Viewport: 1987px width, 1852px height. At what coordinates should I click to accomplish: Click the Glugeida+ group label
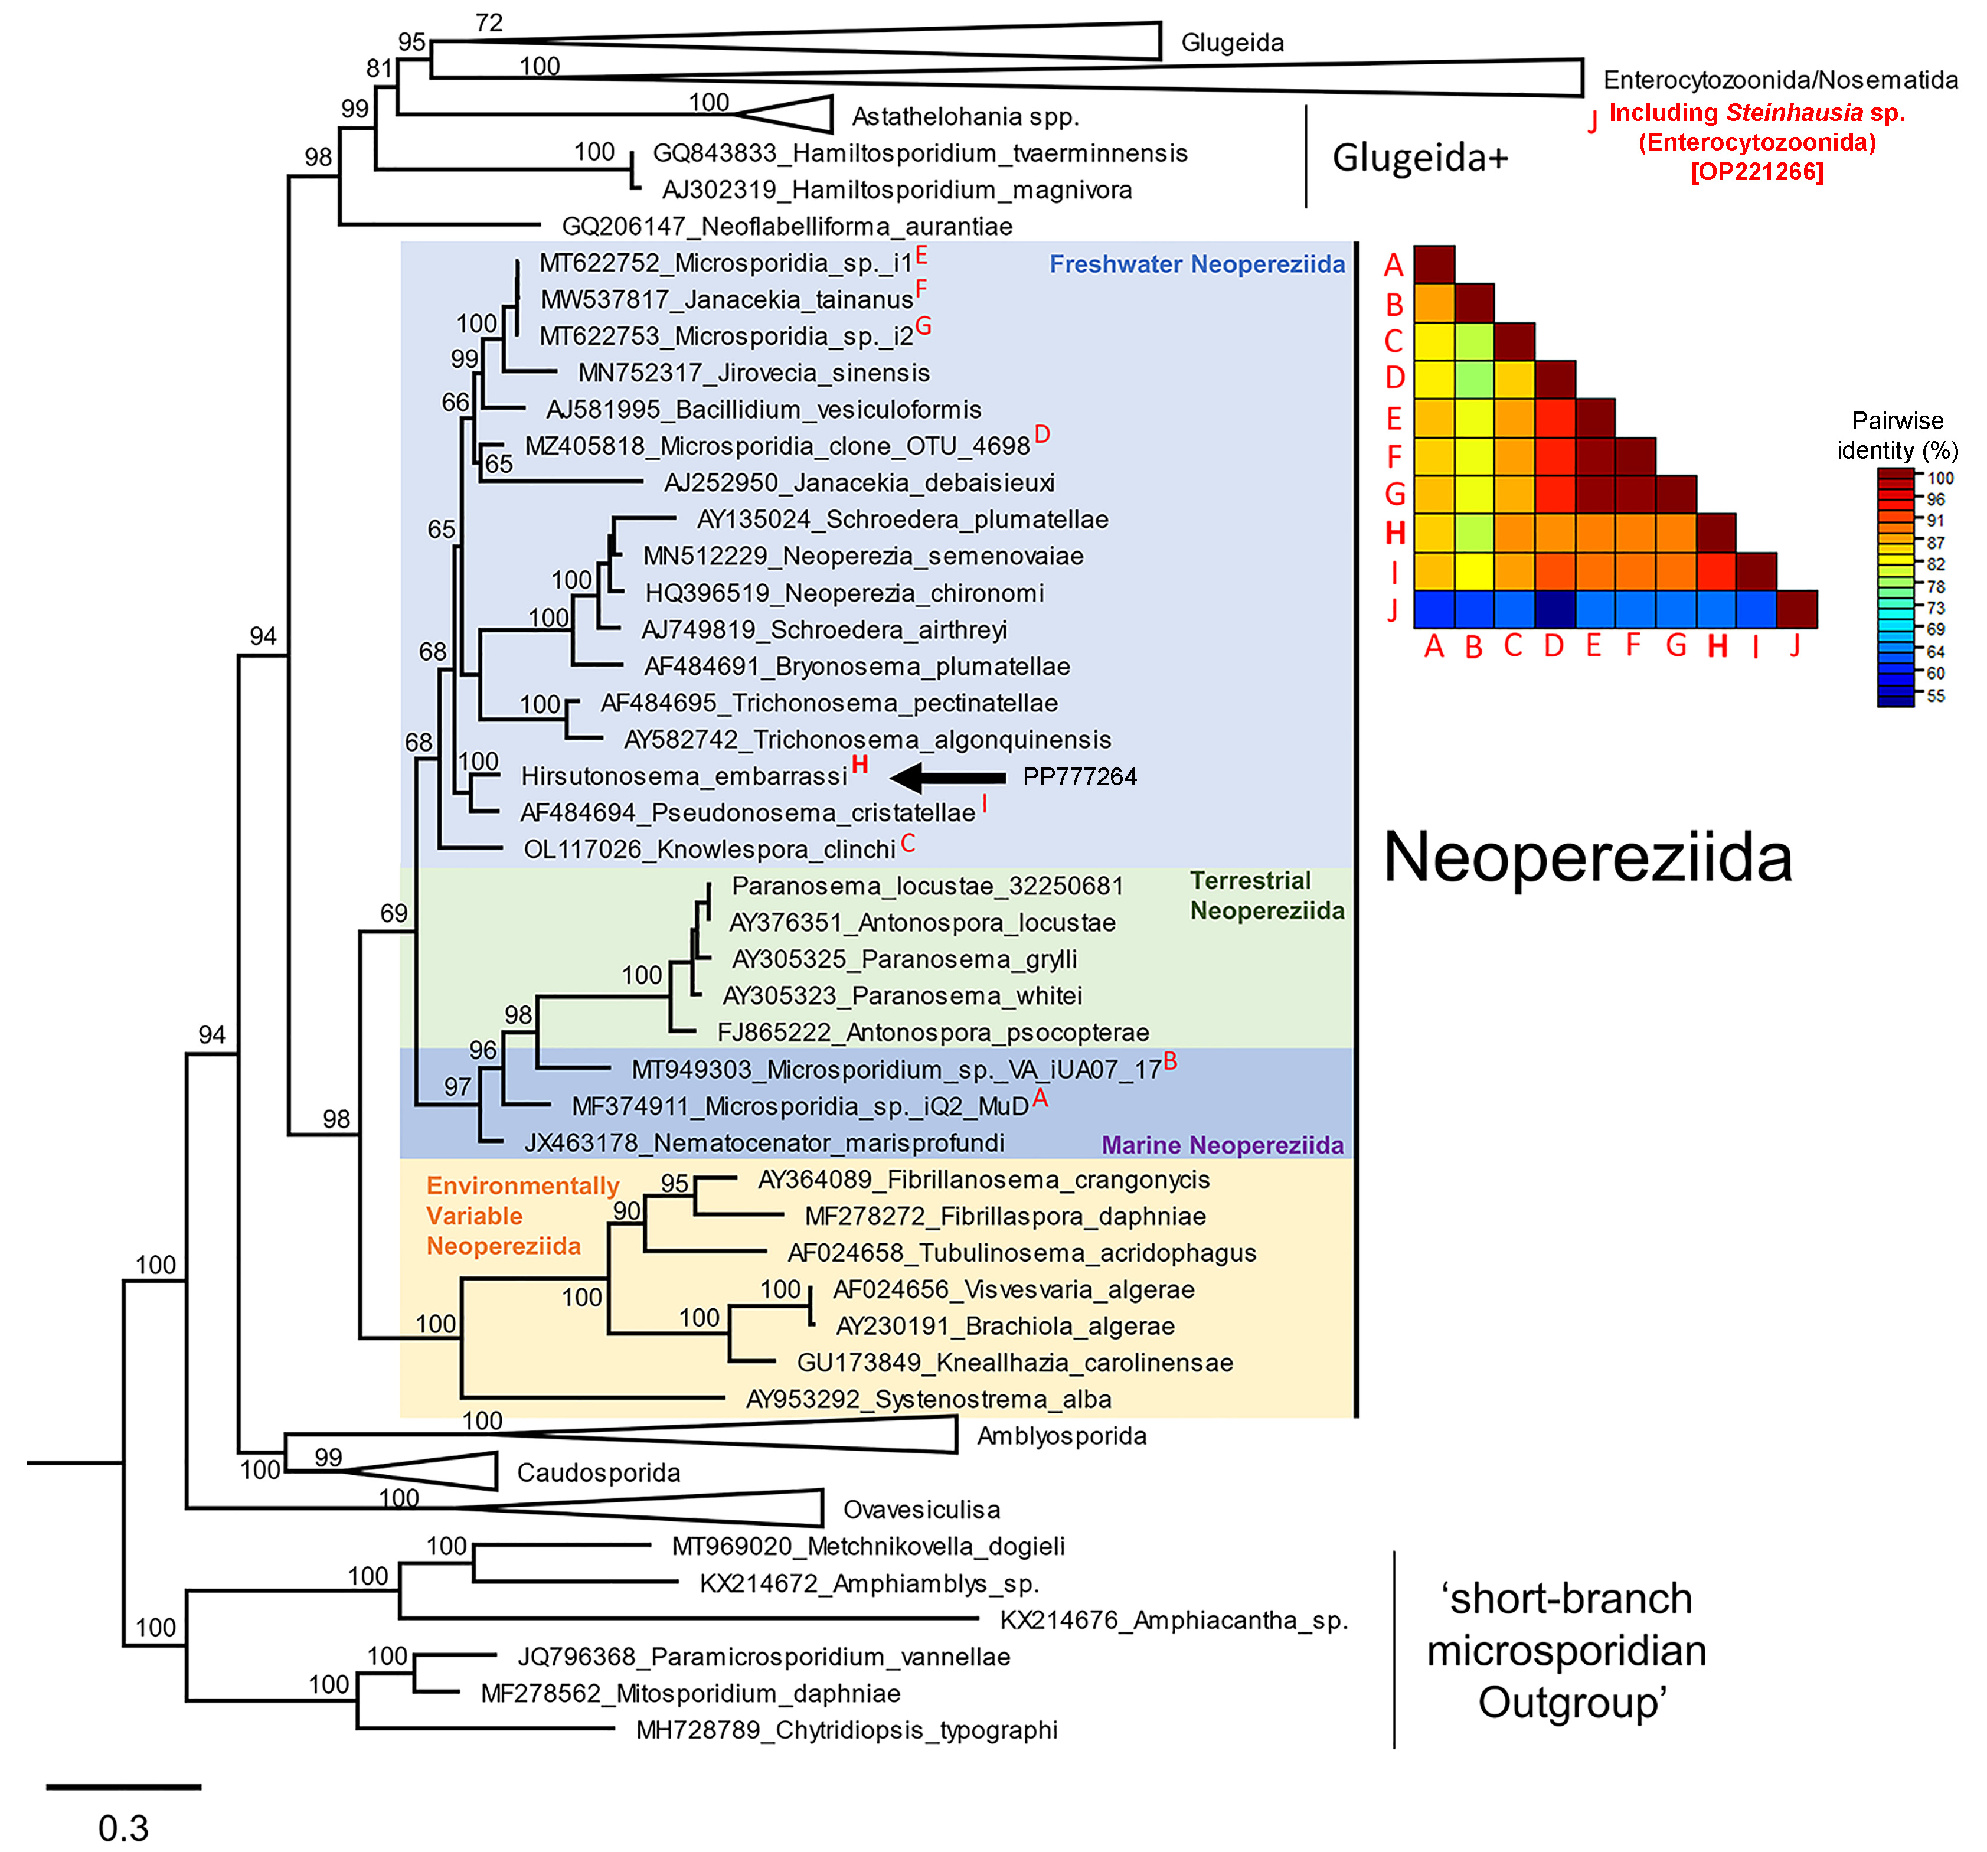[1419, 158]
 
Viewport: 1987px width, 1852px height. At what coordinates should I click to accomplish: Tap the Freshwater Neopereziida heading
[1197, 265]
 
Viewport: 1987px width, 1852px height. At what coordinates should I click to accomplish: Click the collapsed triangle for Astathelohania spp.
[790, 114]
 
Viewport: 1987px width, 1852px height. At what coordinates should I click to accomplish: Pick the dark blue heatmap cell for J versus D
[1555, 609]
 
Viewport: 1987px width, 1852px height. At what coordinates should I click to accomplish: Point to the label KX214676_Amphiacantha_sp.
[1174, 1620]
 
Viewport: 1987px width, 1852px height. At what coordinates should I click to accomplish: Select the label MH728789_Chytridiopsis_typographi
[847, 1730]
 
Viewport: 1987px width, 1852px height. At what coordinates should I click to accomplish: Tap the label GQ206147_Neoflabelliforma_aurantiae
[787, 227]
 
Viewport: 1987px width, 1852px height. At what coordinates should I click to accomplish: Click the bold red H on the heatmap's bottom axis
[1717, 646]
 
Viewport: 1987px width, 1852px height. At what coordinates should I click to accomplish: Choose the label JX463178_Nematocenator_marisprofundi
[764, 1142]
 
